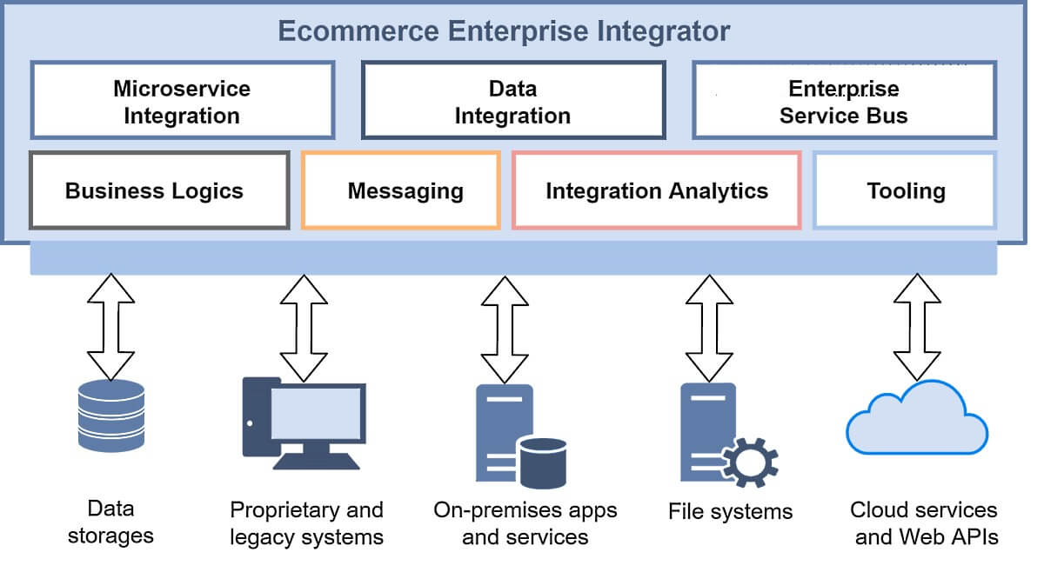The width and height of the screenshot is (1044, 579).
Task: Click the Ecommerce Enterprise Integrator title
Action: pos(504,32)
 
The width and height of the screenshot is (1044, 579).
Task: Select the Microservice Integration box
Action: pos(182,101)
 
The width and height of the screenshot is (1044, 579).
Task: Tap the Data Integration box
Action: pos(512,101)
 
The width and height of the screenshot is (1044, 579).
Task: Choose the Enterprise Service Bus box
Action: pos(843,101)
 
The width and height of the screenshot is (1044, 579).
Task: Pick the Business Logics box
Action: pos(158,191)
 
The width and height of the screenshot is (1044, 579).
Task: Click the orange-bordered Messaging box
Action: pos(401,191)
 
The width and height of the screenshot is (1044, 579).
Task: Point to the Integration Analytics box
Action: pos(656,191)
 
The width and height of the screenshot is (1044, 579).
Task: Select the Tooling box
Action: pos(905,191)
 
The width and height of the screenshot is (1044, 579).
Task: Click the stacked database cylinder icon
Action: pos(111,416)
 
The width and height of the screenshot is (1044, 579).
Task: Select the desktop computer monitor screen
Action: pos(317,412)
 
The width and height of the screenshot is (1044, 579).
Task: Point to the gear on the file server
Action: pos(748,460)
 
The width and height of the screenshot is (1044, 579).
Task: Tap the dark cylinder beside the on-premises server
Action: pos(541,462)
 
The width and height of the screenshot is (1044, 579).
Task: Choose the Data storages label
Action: pos(111,522)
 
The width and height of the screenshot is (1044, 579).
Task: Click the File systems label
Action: pos(730,511)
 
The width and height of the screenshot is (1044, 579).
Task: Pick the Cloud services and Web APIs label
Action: pos(923,522)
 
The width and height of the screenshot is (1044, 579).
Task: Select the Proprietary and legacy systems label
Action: pos(306,522)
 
